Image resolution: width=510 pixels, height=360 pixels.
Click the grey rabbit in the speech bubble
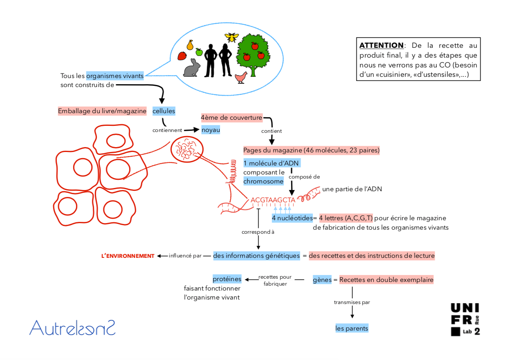point(192,69)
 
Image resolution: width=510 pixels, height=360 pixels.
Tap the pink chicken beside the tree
point(241,77)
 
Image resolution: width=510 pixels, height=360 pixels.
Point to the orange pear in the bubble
point(190,45)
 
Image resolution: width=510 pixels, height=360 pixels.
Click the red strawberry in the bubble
point(182,56)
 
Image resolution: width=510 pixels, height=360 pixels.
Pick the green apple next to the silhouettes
point(199,52)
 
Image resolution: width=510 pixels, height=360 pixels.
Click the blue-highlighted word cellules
point(164,111)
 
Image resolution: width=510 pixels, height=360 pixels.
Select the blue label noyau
point(211,130)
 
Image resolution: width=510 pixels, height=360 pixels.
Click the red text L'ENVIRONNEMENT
point(128,256)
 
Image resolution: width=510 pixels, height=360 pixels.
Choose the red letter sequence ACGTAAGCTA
point(273,200)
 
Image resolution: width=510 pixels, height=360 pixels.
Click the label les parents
point(352,328)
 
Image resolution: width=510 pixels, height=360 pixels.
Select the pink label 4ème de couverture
point(231,118)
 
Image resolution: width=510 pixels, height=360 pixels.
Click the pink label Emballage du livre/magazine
point(102,111)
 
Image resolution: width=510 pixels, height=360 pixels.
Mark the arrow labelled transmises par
point(352,303)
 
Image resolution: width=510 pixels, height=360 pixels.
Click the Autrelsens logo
point(72,328)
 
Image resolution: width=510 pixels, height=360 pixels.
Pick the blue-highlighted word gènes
point(322,280)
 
